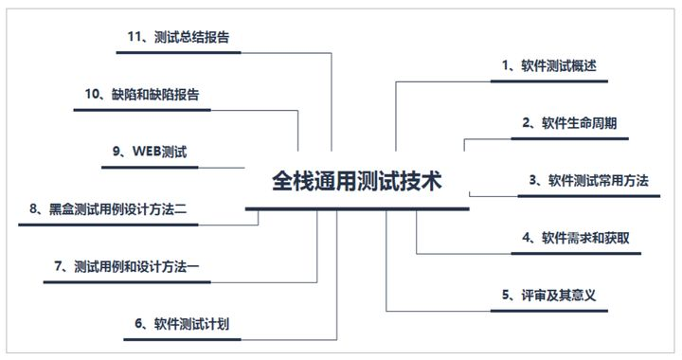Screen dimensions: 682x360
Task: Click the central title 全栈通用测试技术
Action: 357,181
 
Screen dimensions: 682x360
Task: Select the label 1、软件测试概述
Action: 548,66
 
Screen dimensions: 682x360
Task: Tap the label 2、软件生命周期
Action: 569,123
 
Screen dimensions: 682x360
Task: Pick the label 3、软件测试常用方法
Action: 588,181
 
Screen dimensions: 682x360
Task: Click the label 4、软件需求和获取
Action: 576,238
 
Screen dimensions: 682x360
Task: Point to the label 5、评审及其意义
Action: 548,296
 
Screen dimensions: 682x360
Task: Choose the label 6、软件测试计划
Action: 182,324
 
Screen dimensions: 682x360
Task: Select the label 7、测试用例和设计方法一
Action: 127,266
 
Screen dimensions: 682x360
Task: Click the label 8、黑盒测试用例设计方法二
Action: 108,209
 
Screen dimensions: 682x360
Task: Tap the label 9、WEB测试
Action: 150,152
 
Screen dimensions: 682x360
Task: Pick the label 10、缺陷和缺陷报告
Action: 142,95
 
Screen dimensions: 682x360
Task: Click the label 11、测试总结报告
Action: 178,37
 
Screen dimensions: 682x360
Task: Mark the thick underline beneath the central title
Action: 357,209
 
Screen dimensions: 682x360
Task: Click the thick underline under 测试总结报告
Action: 178,53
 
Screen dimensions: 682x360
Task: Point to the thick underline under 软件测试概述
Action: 548,81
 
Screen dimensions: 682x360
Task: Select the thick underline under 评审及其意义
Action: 548,311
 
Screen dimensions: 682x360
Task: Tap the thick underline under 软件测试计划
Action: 182,339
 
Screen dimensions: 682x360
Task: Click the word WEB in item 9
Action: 147,152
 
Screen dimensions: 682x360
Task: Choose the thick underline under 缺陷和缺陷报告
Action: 142,110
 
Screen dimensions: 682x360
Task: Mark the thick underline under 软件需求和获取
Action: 576,254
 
